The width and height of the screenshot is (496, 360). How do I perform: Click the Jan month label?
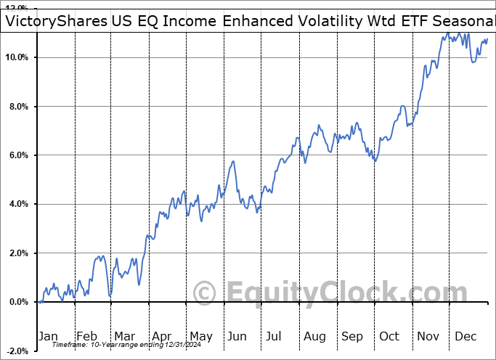point(48,336)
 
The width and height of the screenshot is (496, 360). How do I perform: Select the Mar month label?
point(124,336)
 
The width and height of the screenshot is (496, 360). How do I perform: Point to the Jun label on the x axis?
point(237,336)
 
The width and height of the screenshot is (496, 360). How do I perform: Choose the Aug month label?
point(314,336)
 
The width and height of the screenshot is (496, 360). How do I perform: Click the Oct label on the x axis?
point(390,336)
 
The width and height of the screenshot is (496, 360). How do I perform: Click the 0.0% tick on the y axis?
point(18,302)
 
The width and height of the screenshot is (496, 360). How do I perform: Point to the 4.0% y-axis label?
point(18,204)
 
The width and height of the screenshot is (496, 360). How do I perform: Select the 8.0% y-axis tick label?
point(18,107)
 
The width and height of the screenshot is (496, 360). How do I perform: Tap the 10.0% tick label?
point(16,57)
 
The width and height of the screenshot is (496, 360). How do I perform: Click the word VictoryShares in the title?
point(57,21)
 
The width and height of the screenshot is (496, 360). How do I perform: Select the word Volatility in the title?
point(320,21)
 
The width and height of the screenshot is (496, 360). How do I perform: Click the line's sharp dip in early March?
point(110,294)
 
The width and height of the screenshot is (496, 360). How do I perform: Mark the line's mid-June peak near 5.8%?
point(233,161)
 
